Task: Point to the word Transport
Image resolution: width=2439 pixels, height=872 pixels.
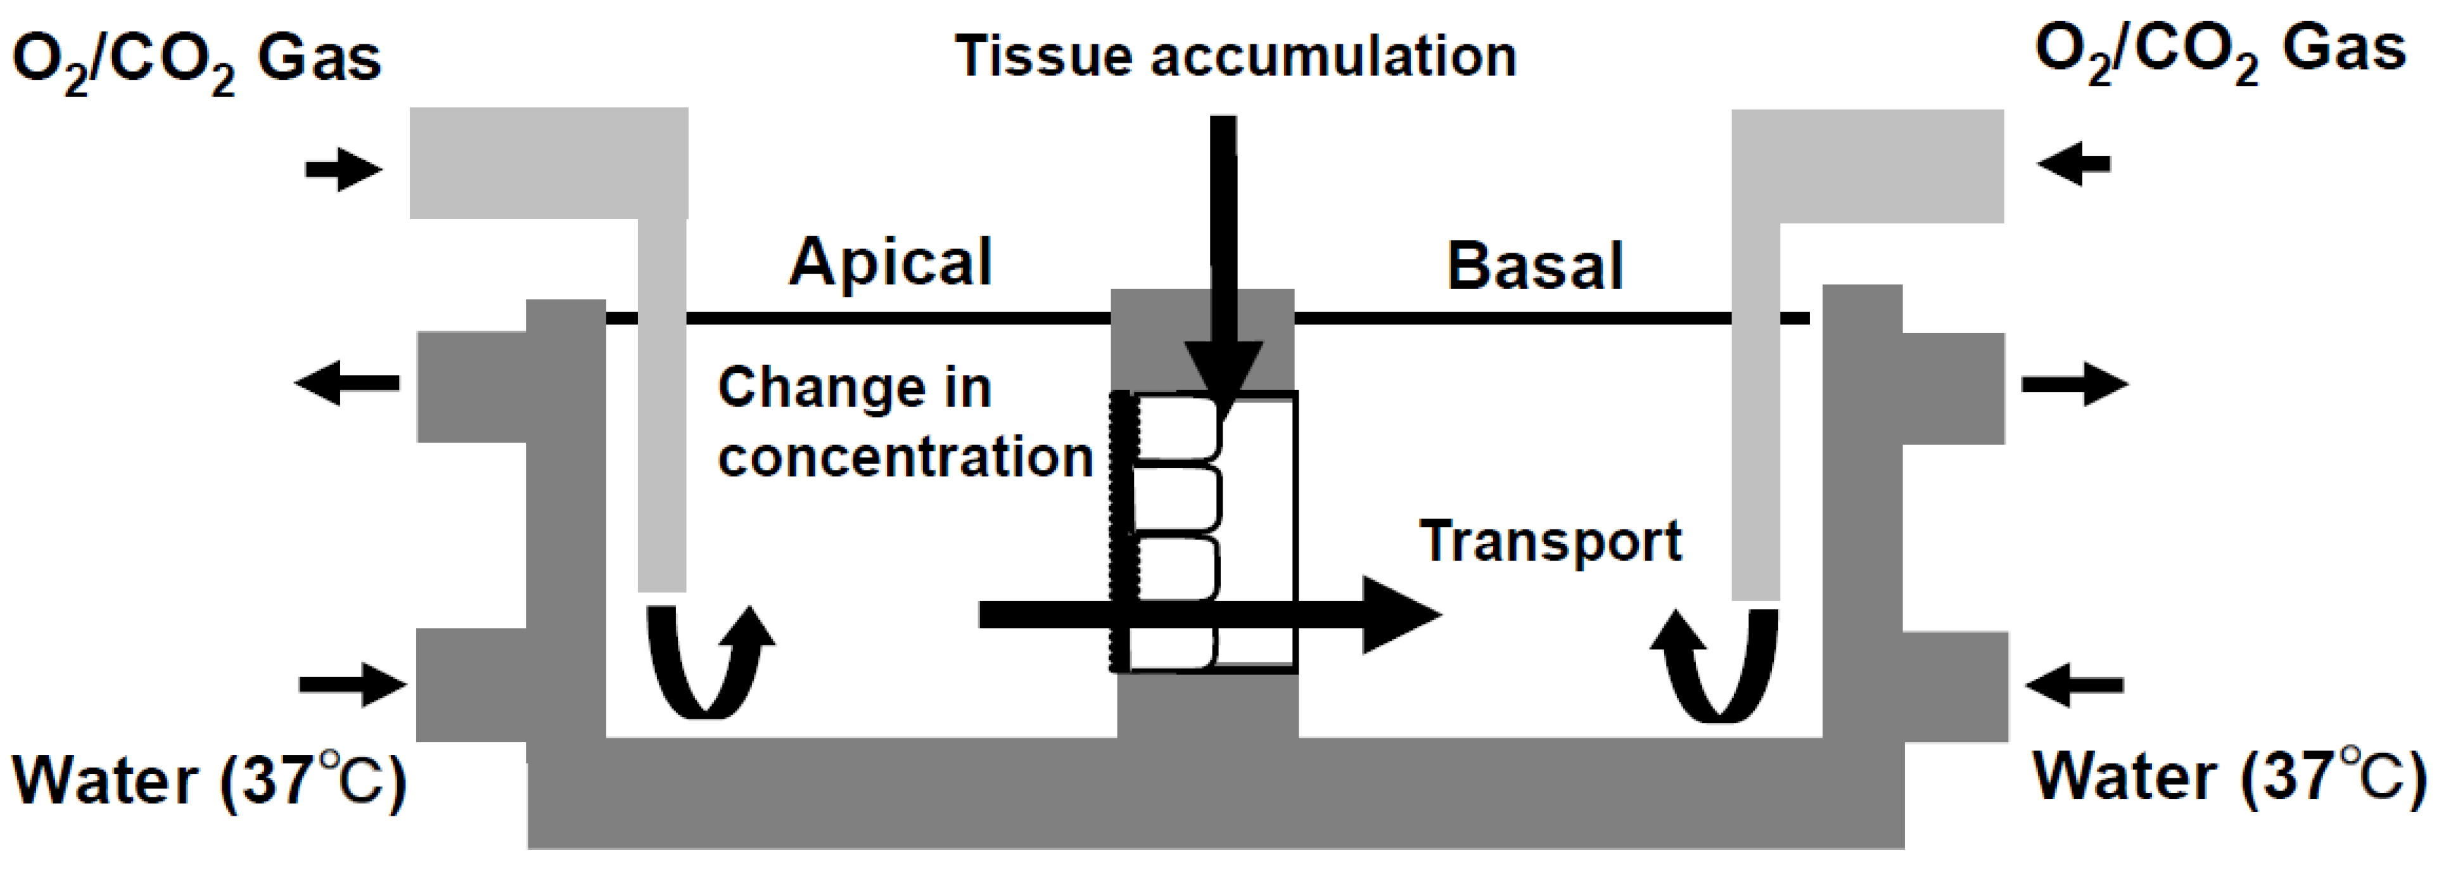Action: click(1551, 541)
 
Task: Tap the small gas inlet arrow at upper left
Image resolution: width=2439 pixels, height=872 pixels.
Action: click(343, 170)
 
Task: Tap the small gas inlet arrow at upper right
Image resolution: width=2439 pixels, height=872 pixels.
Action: click(2073, 165)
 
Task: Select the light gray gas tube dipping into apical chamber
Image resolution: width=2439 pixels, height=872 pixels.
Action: click(662, 398)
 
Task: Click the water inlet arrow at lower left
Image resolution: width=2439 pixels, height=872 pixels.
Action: click(351, 683)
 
